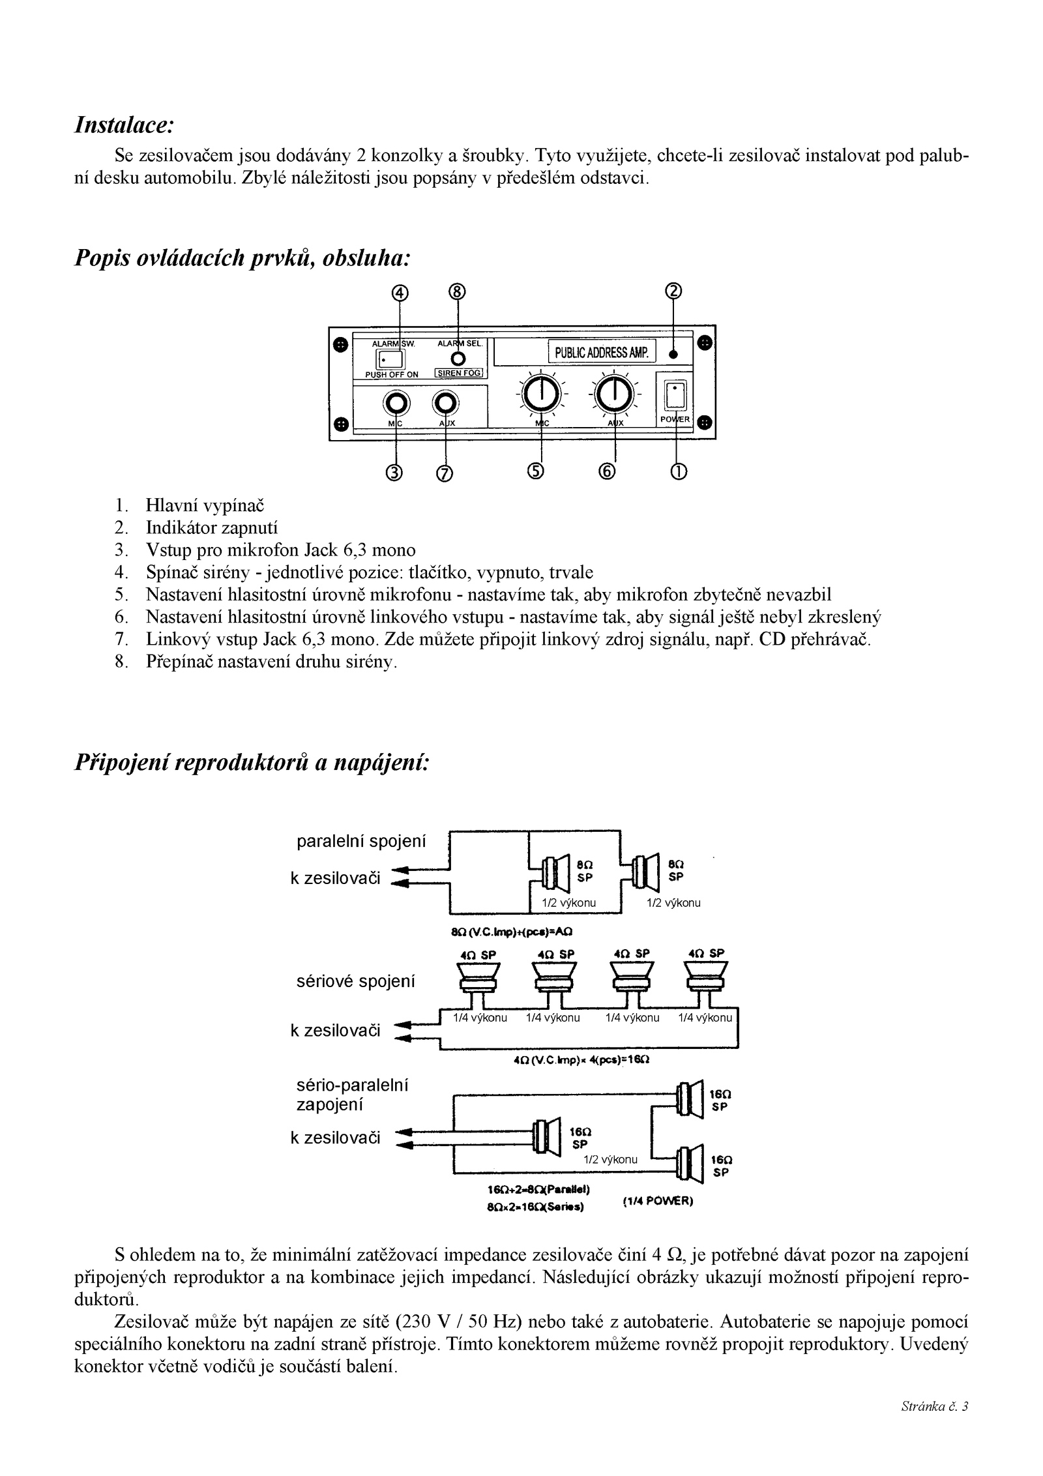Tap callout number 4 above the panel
[x=400, y=293]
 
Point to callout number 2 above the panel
[x=673, y=291]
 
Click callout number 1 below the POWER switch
[x=678, y=471]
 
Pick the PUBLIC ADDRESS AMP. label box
[x=602, y=353]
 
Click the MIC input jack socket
[x=396, y=403]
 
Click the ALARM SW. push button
[x=390, y=359]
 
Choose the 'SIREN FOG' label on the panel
[x=458, y=374]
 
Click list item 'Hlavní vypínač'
[x=205, y=505]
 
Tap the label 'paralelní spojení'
[x=360, y=842]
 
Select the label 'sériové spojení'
[x=356, y=981]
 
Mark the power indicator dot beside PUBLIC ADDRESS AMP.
[x=673, y=355]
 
